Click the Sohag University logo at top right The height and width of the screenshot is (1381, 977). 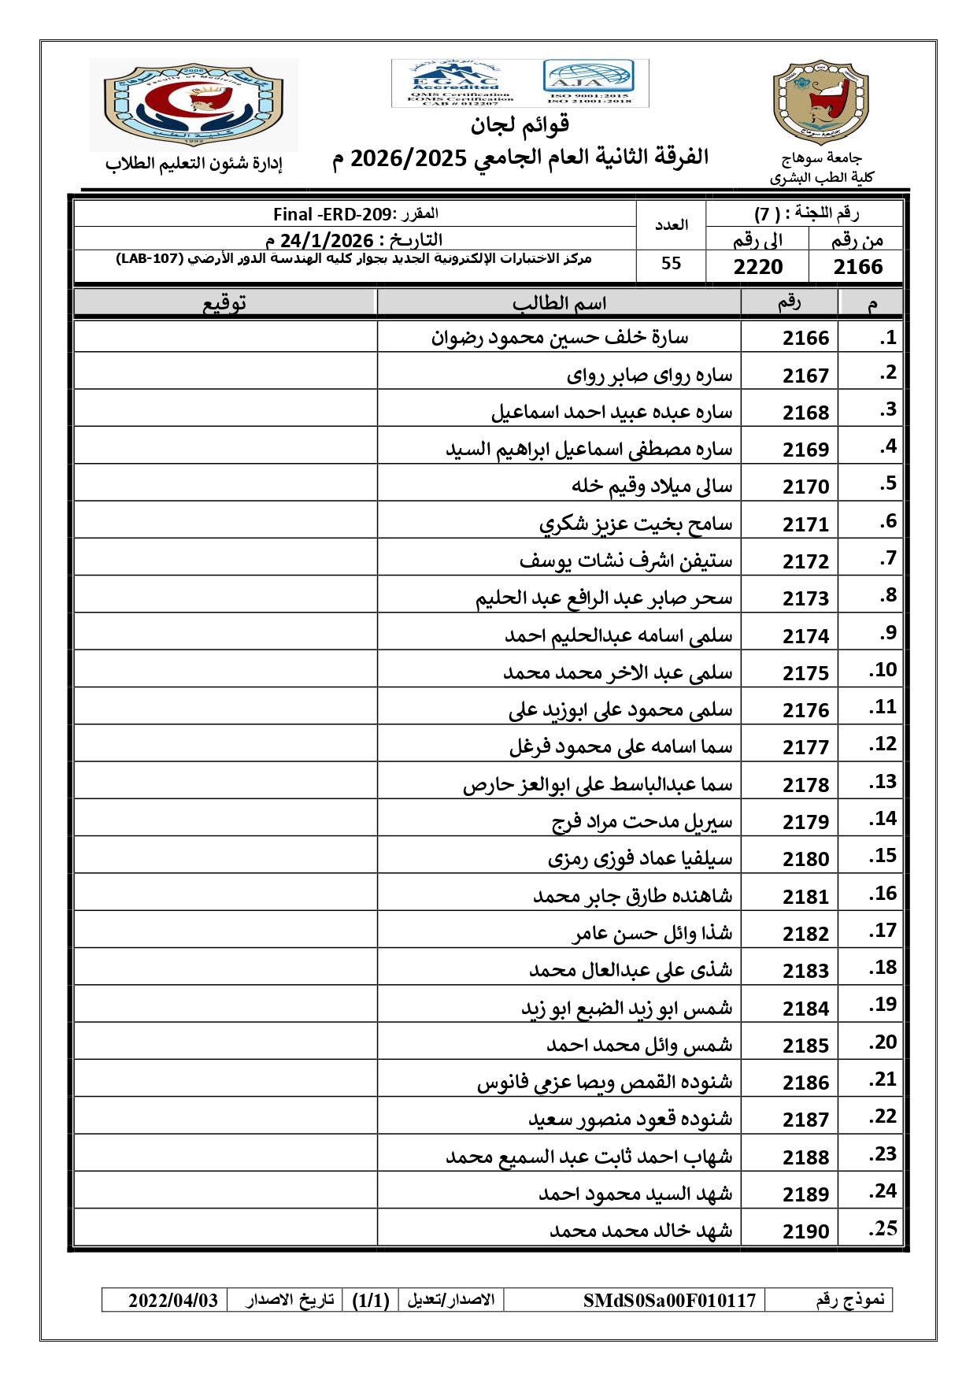(820, 102)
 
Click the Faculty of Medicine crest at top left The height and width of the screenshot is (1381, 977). (194, 104)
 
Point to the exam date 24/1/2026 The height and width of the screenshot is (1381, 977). (327, 239)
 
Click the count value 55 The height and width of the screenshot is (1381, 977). (671, 264)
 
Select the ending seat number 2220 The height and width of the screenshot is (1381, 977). (757, 267)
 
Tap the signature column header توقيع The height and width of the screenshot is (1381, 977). (225, 303)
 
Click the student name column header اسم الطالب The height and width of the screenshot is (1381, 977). (559, 303)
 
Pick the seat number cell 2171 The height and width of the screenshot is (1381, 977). (805, 524)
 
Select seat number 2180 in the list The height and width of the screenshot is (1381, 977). (805, 859)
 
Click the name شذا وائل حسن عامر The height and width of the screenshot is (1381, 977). (652, 934)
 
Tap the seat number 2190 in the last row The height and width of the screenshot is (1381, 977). (805, 1231)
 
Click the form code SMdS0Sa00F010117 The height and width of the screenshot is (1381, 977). (669, 1300)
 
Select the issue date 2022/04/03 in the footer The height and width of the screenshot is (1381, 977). (173, 1300)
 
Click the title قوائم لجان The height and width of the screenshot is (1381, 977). (520, 124)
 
